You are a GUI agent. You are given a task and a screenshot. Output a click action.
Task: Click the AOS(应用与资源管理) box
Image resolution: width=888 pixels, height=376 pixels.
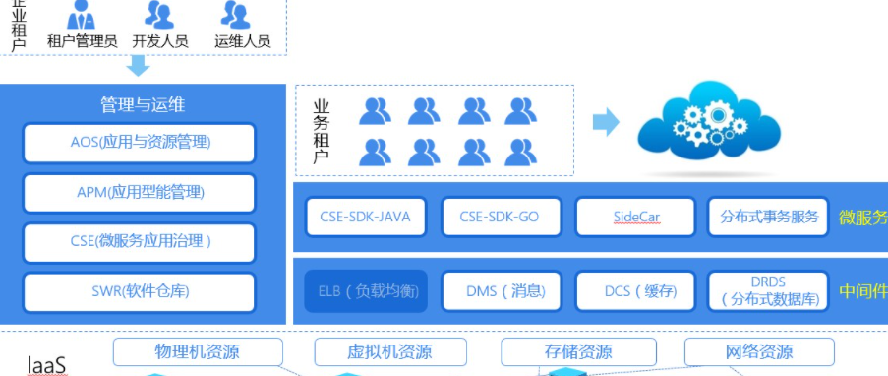[140, 143]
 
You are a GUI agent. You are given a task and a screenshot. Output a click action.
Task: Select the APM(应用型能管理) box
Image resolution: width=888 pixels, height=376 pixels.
[140, 193]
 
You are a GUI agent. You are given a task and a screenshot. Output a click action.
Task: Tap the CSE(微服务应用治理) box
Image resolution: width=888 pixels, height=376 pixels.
[140, 242]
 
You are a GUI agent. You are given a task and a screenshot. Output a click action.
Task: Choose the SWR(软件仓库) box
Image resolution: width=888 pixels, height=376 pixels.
[140, 292]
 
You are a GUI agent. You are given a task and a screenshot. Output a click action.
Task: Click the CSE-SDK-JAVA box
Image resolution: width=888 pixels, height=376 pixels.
[365, 217]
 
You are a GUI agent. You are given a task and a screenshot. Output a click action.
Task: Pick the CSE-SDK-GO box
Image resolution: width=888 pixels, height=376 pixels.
[499, 217]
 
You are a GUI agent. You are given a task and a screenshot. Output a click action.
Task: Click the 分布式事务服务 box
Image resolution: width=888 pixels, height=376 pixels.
[768, 217]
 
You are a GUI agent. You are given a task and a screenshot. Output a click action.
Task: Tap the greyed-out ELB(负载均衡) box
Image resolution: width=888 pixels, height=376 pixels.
[365, 290]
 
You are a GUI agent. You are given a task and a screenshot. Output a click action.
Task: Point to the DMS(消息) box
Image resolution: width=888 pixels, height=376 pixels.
[499, 290]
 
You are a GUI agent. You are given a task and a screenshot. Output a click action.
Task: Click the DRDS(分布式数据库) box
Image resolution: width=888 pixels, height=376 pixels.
[768, 290]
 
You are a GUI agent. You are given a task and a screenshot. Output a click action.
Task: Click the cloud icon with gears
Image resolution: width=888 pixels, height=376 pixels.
[710, 122]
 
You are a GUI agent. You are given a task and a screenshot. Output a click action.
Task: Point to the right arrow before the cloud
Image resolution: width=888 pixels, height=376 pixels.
[606, 122]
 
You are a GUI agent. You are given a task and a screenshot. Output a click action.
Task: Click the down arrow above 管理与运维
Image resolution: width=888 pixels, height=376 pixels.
[139, 66]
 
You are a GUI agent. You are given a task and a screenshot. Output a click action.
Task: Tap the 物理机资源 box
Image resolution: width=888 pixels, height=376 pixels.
[197, 351]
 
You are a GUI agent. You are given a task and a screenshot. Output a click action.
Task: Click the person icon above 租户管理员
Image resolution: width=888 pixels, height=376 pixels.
[82, 15]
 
